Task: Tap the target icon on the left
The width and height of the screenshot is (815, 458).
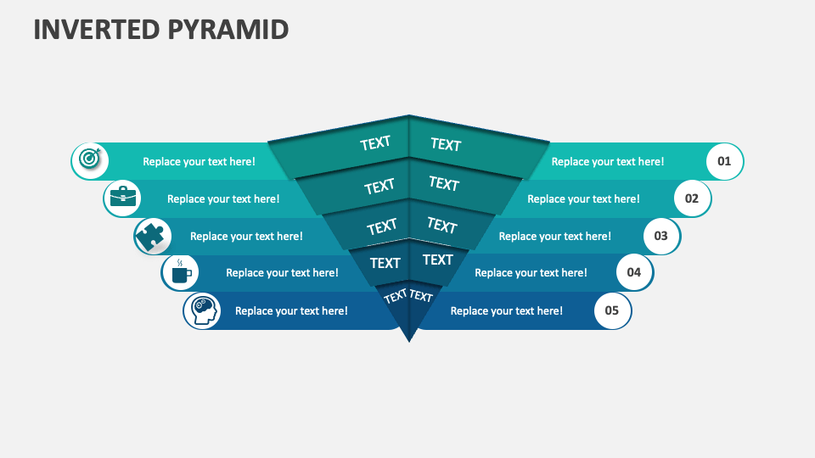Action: tap(89, 159)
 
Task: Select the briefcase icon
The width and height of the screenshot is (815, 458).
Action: tap(122, 198)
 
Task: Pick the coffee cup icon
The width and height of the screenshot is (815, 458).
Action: tap(181, 273)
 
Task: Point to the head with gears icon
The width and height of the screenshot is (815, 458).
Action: tap(202, 310)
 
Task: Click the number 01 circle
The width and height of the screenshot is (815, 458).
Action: tap(724, 161)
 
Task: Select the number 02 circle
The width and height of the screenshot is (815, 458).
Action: tap(692, 198)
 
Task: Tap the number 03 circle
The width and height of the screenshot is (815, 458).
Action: tap(661, 236)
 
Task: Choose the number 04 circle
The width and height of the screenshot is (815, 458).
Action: tap(634, 273)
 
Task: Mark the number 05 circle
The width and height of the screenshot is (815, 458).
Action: tap(612, 310)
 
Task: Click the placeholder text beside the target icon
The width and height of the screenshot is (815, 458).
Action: tap(199, 161)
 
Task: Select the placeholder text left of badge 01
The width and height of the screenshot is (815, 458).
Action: tap(608, 161)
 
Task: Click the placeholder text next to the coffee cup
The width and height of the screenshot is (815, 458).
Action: tap(282, 273)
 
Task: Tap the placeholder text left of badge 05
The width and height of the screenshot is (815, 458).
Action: tap(506, 310)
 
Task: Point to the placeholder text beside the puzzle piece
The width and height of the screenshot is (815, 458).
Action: tap(246, 236)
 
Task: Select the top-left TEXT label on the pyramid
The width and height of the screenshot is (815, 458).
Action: tap(374, 143)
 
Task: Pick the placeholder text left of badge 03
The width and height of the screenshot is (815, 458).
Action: tap(554, 236)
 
